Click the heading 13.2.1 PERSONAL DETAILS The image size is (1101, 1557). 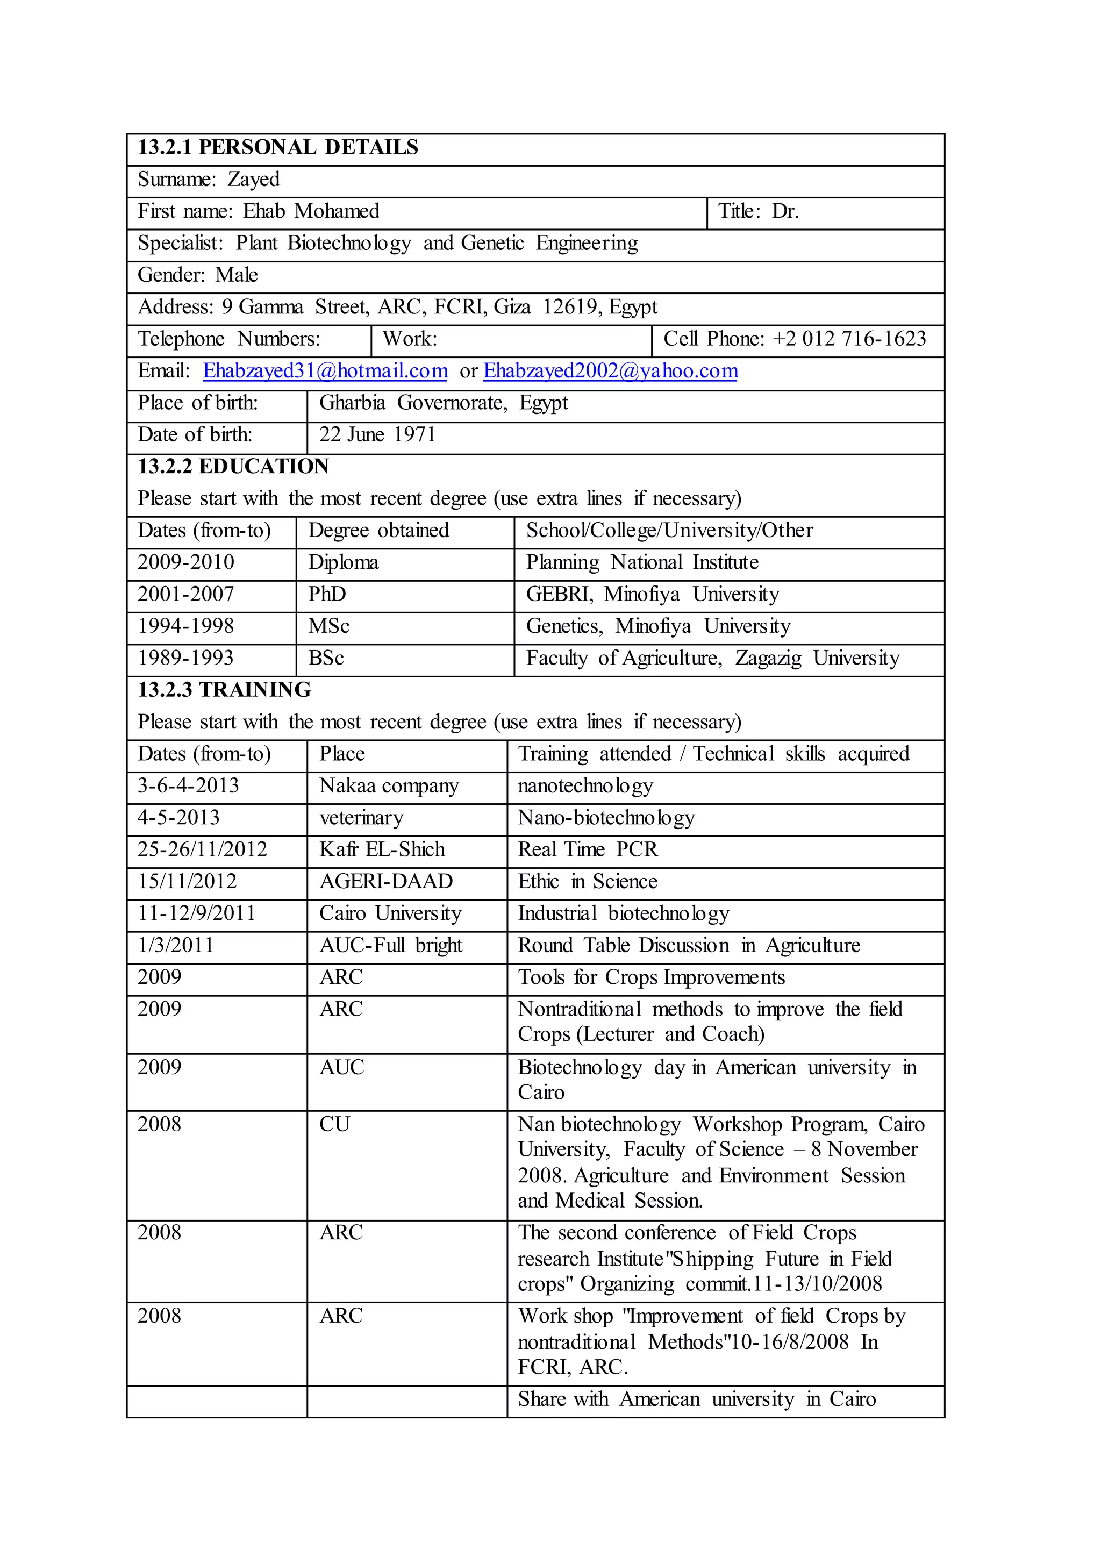[x=278, y=148]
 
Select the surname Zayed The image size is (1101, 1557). [x=254, y=180]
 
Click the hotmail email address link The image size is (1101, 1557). [x=325, y=372]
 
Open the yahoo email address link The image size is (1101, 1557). [x=610, y=372]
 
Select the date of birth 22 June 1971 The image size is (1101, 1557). [x=377, y=435]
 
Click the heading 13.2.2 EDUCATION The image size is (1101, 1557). [x=233, y=467]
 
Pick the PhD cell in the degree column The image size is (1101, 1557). [x=327, y=595]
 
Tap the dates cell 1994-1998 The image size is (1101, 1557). [x=186, y=626]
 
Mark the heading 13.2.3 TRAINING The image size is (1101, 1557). [x=224, y=690]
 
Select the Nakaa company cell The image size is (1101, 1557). [x=389, y=786]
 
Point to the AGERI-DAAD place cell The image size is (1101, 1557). [x=386, y=882]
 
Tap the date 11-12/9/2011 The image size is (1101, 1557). [x=197, y=913]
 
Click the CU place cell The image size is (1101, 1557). [x=334, y=1124]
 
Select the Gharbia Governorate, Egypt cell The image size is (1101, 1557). [x=444, y=403]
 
